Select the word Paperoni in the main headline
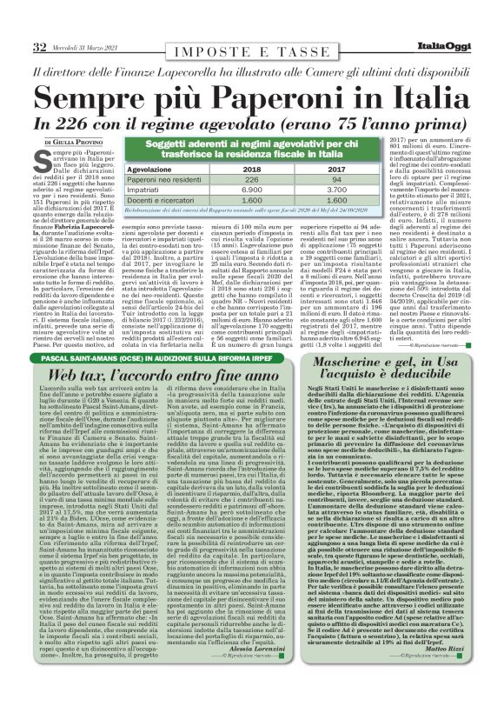pos(253,93)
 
